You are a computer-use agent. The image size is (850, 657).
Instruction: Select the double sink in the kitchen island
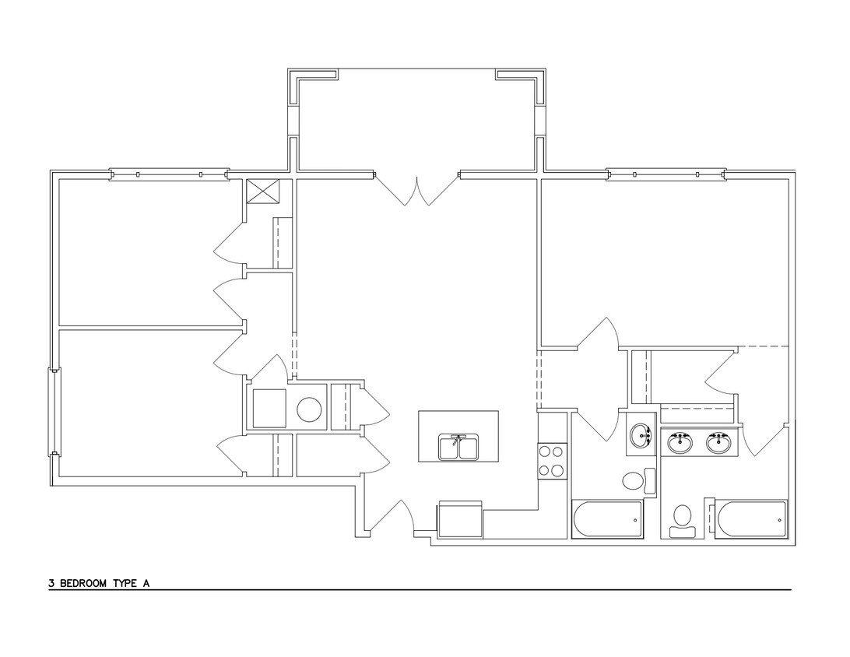click(459, 448)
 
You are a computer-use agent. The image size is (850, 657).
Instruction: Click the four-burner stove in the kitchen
click(552, 460)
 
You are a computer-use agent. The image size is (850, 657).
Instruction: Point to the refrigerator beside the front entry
click(460, 519)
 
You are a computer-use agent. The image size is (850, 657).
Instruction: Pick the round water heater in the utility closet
click(310, 409)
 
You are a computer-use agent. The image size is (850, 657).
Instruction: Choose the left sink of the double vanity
click(681, 443)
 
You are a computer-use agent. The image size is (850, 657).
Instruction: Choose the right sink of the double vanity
click(718, 443)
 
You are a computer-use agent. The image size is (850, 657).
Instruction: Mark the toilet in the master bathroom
click(683, 518)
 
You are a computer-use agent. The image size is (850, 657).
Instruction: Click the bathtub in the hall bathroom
click(608, 519)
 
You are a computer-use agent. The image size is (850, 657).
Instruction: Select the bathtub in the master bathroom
click(752, 519)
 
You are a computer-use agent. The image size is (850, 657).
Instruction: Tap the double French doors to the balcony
click(418, 189)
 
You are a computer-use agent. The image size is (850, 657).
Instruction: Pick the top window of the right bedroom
click(666, 174)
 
